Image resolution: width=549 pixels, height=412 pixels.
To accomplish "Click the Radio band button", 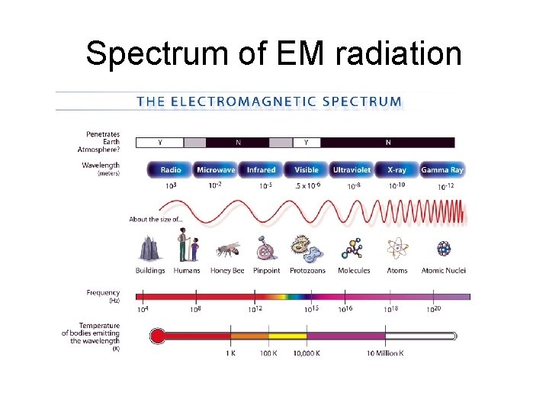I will point(170,169).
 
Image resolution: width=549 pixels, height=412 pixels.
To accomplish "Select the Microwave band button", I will point(216,169).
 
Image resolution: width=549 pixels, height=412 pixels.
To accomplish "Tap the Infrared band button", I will point(261,169).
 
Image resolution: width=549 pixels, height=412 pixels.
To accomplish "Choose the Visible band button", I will point(306,169).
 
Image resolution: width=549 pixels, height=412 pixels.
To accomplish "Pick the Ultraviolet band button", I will point(352,169).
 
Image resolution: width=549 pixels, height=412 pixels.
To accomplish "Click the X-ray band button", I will point(396,169).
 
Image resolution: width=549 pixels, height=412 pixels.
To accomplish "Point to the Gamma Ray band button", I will point(442,169).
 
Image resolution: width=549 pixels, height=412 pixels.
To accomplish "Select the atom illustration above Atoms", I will point(396,249).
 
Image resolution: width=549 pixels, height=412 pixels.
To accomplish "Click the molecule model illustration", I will point(352,249).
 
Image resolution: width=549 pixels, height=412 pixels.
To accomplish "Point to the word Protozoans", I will point(308,271).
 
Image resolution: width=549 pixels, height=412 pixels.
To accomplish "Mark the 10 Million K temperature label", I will point(385,353).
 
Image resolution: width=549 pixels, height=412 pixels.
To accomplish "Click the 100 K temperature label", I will point(268,353).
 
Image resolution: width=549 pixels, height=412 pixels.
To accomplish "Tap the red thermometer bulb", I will point(157,335).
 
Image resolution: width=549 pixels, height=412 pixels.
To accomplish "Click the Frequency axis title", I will point(103,293).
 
